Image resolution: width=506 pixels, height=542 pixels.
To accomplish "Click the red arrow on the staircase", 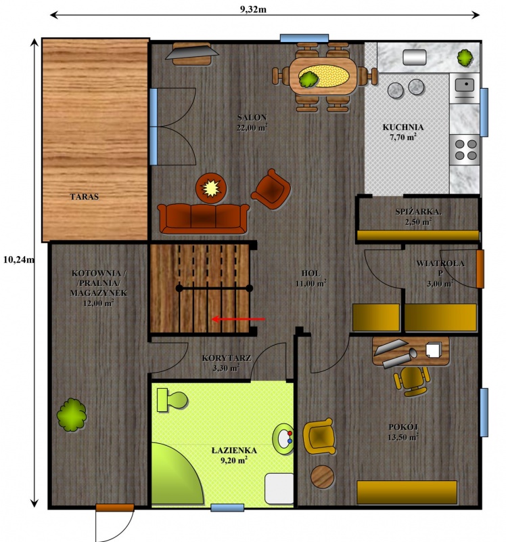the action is [238, 319].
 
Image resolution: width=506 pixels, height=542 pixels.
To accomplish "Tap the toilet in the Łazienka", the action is [172, 400].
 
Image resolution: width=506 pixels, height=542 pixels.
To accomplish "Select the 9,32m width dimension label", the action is [253, 9].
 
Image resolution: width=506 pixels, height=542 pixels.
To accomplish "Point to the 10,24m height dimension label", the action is [19, 259].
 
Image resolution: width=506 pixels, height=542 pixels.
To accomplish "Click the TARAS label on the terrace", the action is [84, 196].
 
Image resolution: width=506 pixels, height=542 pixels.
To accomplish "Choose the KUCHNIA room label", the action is [403, 127].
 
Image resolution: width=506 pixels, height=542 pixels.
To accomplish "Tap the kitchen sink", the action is [464, 87].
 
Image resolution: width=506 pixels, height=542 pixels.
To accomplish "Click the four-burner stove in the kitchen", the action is [465, 150].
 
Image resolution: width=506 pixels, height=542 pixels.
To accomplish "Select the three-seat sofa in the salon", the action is [204, 218].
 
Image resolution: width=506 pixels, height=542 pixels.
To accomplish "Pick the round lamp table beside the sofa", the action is [211, 188].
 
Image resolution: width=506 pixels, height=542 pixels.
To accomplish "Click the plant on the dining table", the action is [308, 79].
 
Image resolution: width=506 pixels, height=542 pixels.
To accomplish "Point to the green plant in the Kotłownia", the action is [72, 415].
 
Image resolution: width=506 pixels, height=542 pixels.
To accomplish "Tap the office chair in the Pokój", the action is [412, 381].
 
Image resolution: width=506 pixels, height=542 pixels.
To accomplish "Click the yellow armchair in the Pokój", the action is [319, 436].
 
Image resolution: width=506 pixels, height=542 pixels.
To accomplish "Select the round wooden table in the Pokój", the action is [323, 476].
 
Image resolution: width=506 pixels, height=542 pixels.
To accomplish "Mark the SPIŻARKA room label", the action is [418, 212].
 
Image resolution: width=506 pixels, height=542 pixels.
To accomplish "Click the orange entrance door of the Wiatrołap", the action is [480, 268].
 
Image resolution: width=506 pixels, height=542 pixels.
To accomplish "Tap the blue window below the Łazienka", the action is [227, 507].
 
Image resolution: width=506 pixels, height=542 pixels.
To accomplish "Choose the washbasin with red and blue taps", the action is [283, 439].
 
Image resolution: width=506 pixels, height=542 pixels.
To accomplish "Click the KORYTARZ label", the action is [227, 358].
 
